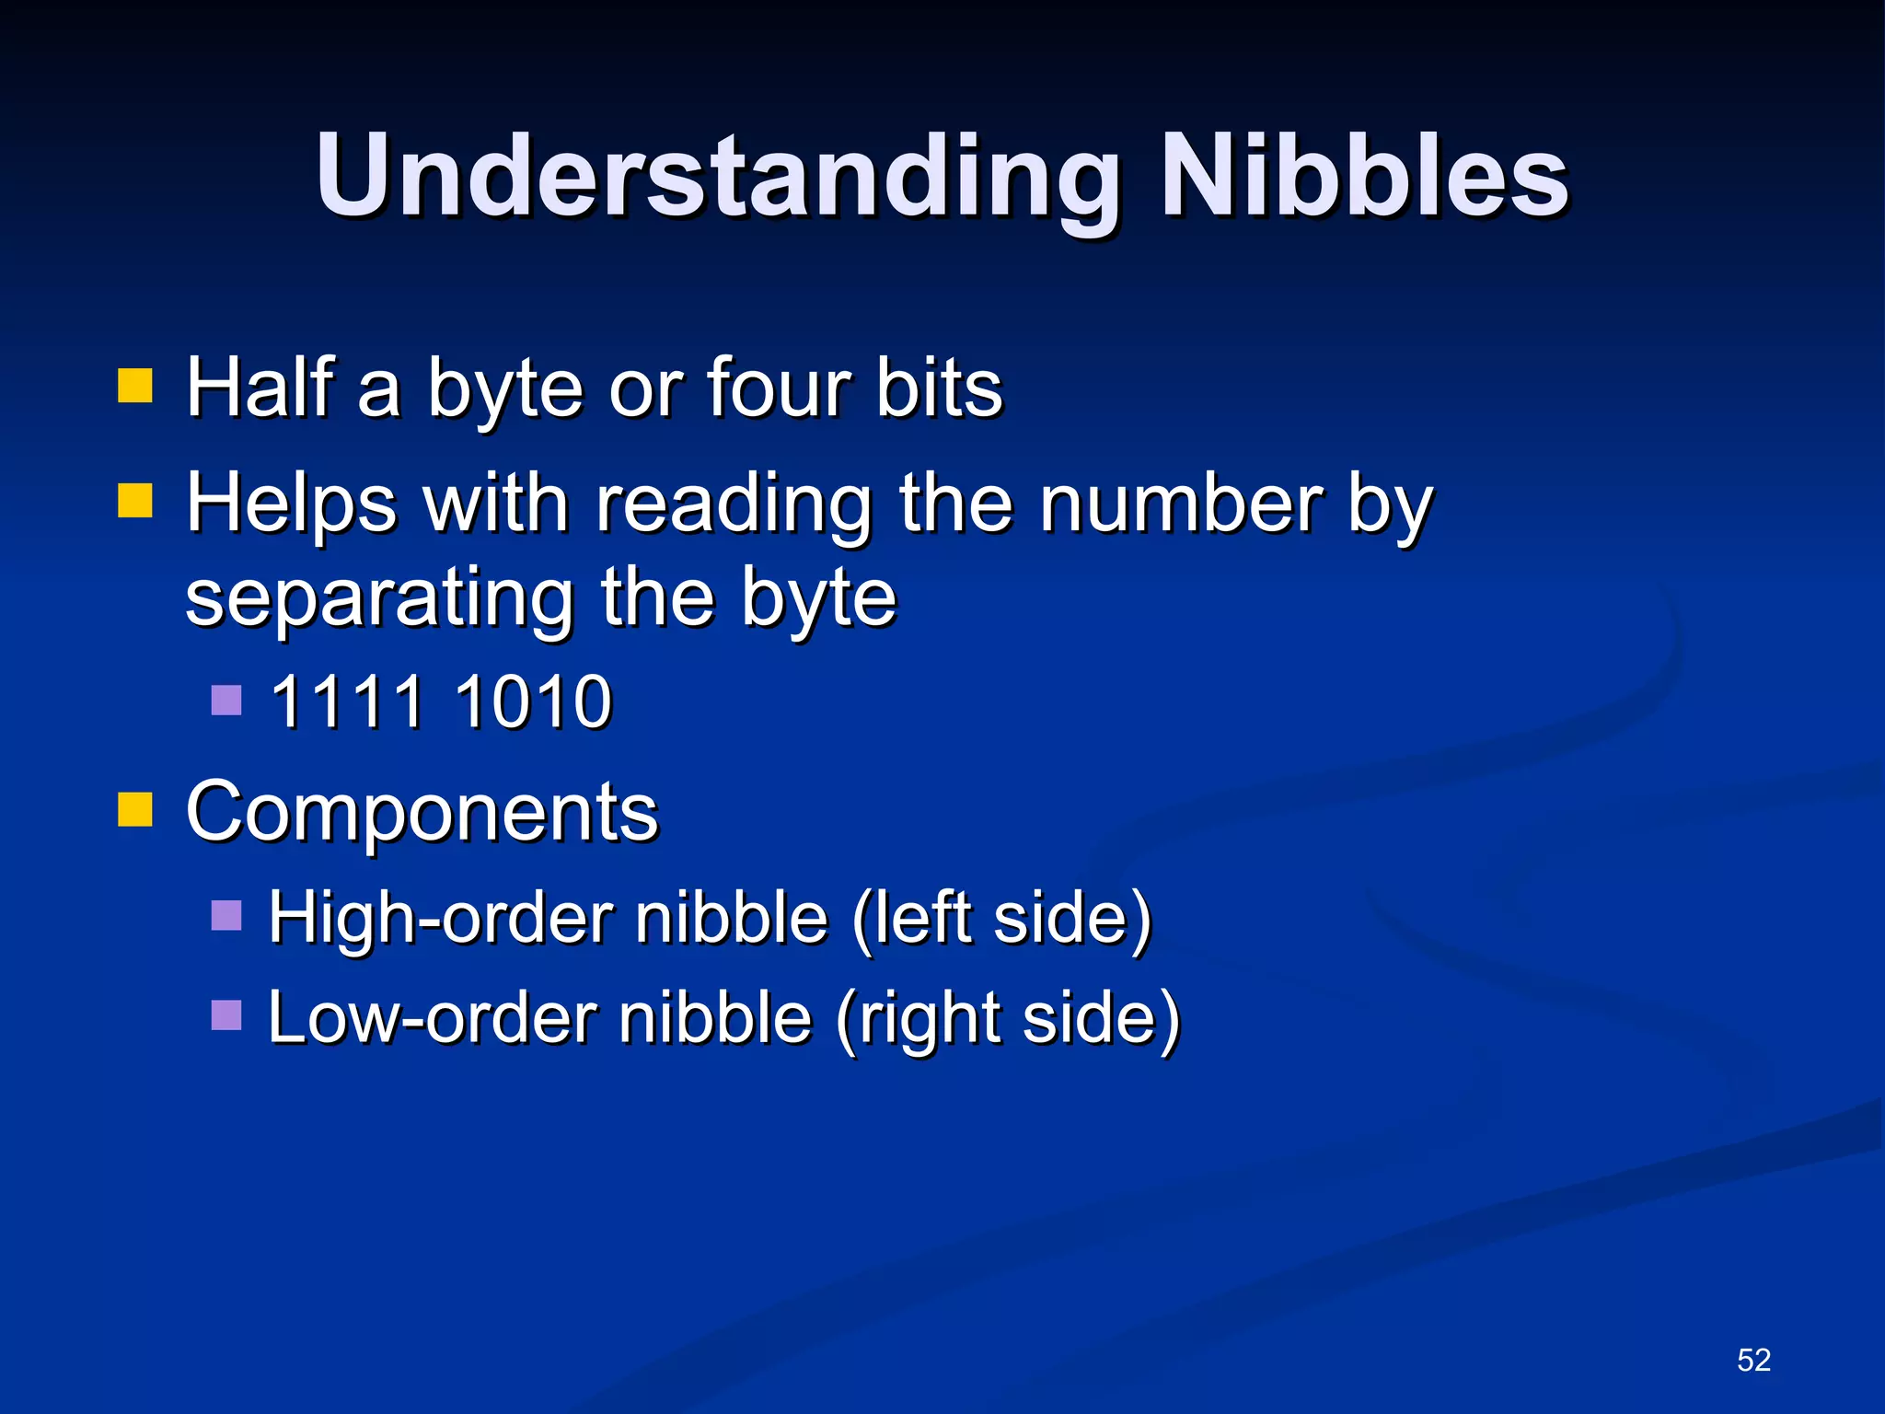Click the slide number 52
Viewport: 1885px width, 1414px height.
pyautogui.click(x=1753, y=1360)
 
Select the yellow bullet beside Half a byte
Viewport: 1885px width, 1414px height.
pyautogui.click(x=134, y=387)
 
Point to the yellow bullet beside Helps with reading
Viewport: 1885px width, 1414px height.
pyautogui.click(x=134, y=502)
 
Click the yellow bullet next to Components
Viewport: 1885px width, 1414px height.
pyautogui.click(x=134, y=810)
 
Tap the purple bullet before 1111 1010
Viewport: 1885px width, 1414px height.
pyautogui.click(x=226, y=701)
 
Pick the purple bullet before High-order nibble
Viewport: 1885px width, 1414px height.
pyautogui.click(x=226, y=916)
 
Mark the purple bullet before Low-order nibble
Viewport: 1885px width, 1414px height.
pyautogui.click(x=226, y=1015)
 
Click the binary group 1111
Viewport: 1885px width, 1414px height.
pyautogui.click(x=347, y=701)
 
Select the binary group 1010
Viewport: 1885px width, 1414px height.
pyautogui.click(x=533, y=701)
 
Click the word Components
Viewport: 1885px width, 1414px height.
pyautogui.click(x=422, y=811)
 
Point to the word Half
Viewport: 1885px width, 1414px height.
pyautogui.click(x=260, y=387)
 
